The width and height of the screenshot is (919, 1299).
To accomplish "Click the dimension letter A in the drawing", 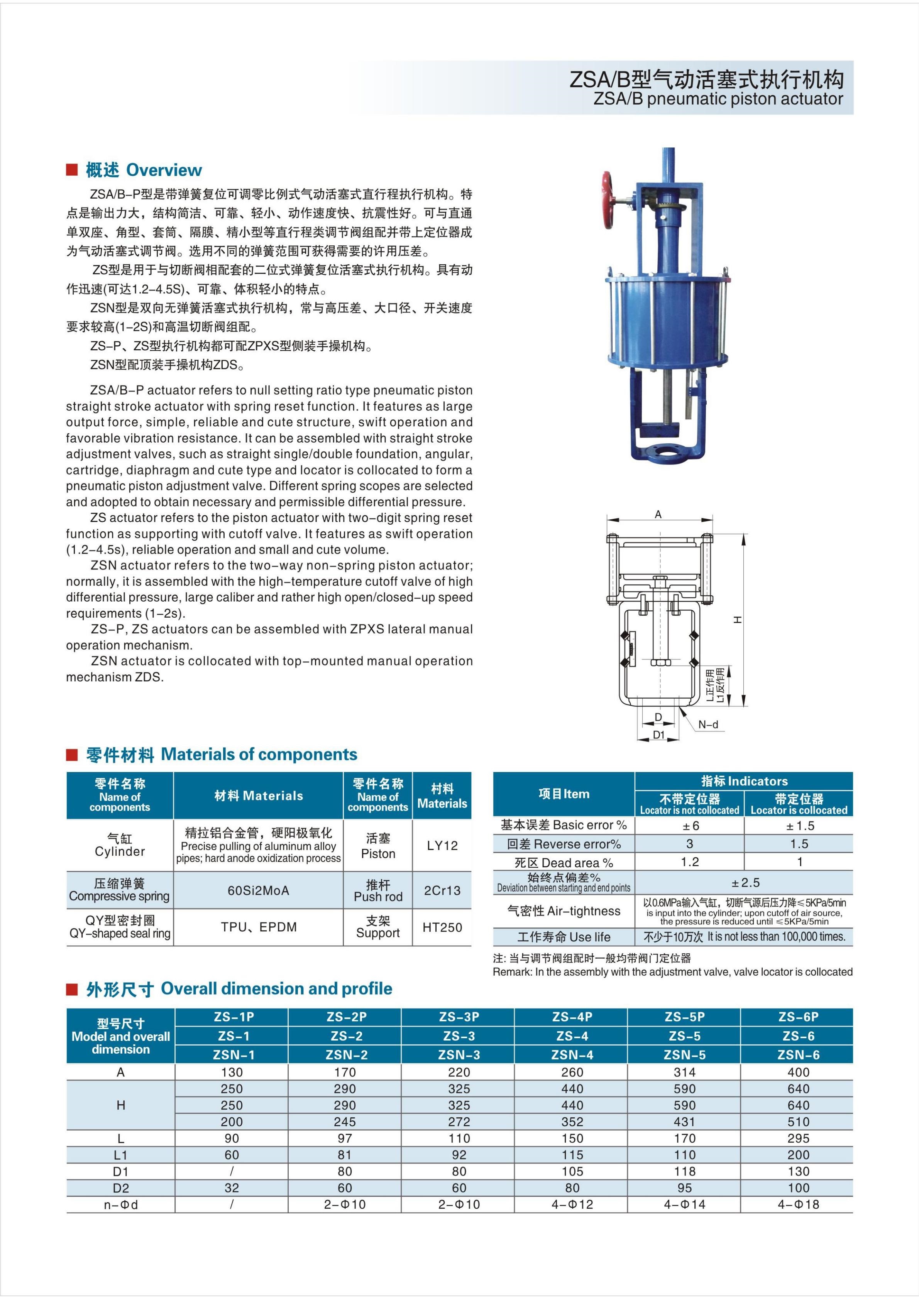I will [x=658, y=514].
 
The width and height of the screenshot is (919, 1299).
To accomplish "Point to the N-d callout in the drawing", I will [x=708, y=724].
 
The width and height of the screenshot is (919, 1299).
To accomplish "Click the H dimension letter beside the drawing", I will [x=737, y=620].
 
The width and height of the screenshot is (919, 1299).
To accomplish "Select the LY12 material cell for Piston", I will [x=442, y=845].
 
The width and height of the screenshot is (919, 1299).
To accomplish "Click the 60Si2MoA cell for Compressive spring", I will [x=258, y=890].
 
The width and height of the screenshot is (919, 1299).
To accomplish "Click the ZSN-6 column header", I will [x=798, y=1054].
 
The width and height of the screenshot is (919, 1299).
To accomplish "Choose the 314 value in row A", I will [x=685, y=1072].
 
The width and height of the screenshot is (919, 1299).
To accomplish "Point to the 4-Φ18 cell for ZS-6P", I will [x=798, y=1204].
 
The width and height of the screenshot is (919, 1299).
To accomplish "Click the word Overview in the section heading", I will [x=164, y=170].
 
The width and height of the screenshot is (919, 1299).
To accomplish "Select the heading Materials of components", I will [x=259, y=754].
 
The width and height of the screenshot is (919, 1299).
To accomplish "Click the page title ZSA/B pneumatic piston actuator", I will [x=718, y=99].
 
